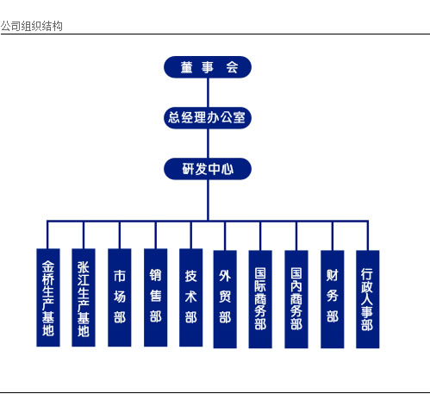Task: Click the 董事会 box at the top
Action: click(208, 67)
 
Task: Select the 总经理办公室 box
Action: click(208, 118)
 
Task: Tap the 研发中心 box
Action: click(208, 169)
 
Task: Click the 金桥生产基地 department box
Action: click(48, 297)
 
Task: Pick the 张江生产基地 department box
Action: click(84, 297)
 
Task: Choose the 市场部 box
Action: click(120, 297)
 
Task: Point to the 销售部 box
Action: click(155, 297)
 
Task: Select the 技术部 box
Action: click(190, 297)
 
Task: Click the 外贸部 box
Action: click(225, 299)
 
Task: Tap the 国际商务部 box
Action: click(260, 299)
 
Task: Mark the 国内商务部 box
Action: click(296, 299)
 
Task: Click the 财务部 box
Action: click(333, 299)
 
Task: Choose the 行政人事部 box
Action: click(368, 299)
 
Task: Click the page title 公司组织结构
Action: click(32, 26)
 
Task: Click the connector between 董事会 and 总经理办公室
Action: click(208, 92)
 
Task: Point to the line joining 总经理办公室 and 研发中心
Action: click(208, 143)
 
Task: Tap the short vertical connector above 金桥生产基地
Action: click(47, 235)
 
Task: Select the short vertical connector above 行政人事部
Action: click(368, 235)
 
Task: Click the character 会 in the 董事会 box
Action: click(232, 67)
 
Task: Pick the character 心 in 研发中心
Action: click(227, 169)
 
